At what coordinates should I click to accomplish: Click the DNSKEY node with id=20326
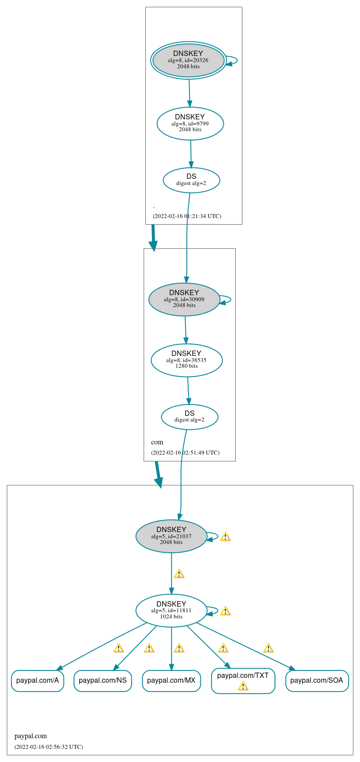(x=188, y=60)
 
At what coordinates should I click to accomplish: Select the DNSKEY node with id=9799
(x=190, y=124)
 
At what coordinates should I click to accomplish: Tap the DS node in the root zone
(x=191, y=180)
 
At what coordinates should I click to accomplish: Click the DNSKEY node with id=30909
(x=184, y=300)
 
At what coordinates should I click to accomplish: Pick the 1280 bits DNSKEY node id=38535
(x=186, y=360)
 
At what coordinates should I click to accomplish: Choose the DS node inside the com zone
(x=189, y=417)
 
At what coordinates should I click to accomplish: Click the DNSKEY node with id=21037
(x=171, y=536)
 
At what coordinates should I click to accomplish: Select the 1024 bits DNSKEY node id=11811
(x=171, y=610)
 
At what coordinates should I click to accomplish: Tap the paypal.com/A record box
(x=37, y=681)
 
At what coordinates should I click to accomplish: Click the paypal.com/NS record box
(x=103, y=681)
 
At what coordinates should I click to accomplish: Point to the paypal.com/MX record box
(x=171, y=681)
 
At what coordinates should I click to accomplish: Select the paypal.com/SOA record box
(x=317, y=681)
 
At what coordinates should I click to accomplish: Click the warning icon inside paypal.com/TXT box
(x=243, y=686)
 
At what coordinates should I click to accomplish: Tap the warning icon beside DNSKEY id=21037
(x=225, y=536)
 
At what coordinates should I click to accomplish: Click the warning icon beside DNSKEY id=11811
(x=225, y=611)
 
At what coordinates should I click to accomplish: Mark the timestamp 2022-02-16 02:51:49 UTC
(x=185, y=452)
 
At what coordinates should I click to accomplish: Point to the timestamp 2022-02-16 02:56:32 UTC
(x=48, y=747)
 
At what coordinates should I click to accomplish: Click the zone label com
(x=157, y=442)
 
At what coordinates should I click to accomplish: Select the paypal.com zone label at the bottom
(x=30, y=736)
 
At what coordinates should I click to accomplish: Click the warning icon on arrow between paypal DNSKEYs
(x=179, y=574)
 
